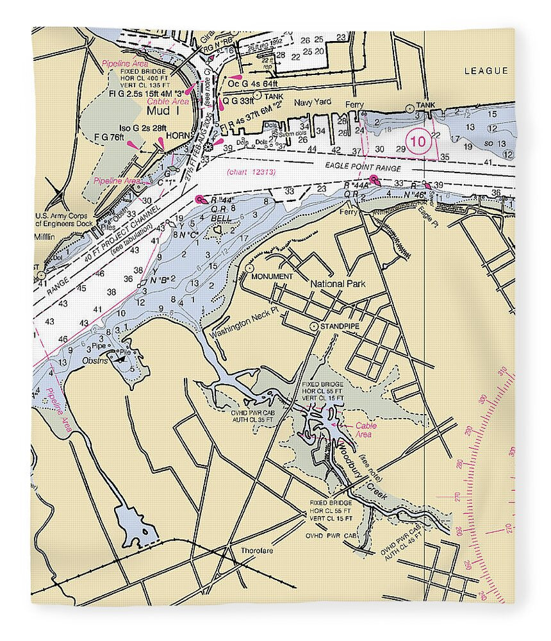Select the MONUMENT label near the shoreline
(272, 276)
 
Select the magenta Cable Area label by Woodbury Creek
(366, 429)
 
